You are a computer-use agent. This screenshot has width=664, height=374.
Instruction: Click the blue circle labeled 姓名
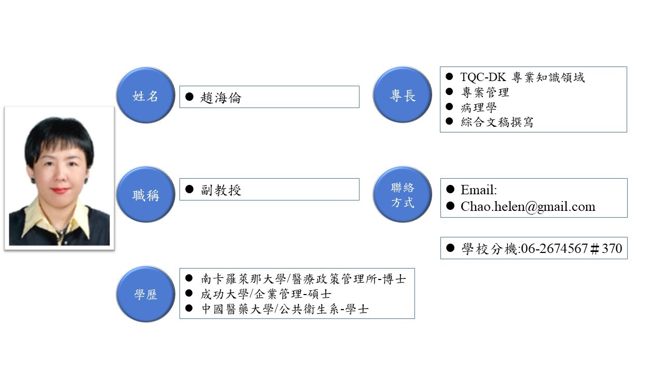coord(145,96)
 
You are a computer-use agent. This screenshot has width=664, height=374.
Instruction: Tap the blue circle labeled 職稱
coord(145,195)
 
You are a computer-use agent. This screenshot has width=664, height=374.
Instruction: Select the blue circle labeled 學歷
coord(145,295)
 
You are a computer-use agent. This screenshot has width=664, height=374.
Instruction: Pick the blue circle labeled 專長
coord(403,95)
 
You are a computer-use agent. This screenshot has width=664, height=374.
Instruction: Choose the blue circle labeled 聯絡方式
coord(403,195)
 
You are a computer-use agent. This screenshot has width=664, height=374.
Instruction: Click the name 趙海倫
coord(221,98)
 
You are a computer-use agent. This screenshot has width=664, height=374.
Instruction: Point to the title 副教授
coord(222,190)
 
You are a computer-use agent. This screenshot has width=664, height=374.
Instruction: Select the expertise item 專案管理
coord(485,92)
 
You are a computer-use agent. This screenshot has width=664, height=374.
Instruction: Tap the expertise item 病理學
coord(479,108)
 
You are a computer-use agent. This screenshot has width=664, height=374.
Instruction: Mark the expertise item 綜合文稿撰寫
coord(497,122)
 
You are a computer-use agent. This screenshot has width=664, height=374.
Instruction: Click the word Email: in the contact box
coord(478,190)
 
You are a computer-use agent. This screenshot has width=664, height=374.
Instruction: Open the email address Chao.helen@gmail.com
coord(528,207)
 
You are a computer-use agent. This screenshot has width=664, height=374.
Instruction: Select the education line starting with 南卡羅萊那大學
coord(303,279)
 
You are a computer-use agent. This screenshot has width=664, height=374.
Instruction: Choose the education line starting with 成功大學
coord(266,295)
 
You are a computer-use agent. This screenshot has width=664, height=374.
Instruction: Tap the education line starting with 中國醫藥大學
coord(285,310)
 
